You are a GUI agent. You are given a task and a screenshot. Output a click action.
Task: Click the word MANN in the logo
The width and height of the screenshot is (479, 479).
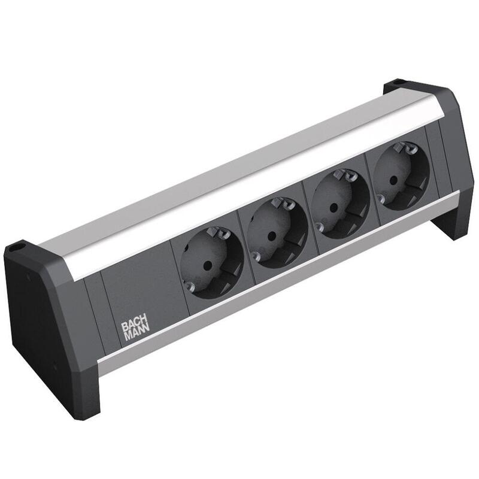(x=134, y=336)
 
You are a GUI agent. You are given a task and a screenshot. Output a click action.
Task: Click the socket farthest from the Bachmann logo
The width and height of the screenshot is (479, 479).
(x=396, y=175)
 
